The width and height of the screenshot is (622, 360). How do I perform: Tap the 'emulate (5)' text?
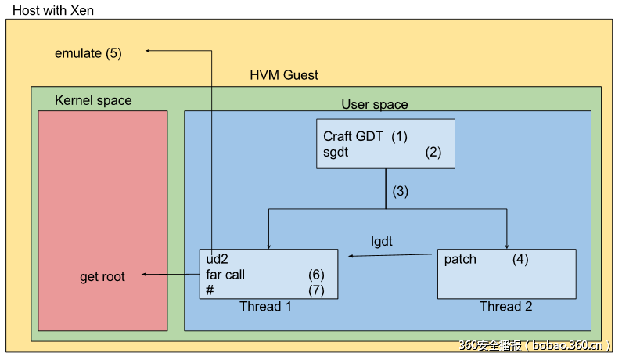[x=88, y=53]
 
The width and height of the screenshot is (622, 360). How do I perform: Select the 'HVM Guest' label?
[x=284, y=75]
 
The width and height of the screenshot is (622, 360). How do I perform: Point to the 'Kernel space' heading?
[x=93, y=100]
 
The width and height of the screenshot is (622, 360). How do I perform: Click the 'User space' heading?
[x=374, y=104]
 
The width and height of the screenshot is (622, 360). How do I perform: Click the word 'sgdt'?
[x=336, y=152]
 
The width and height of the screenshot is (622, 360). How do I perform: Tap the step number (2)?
[x=433, y=152]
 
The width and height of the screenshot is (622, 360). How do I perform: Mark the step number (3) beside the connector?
[x=401, y=190]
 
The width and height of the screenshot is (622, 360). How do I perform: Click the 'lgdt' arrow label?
[x=381, y=241]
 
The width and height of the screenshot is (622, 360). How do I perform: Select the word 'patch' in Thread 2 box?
[x=460, y=259]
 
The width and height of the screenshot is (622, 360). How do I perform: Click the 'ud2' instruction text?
[x=216, y=259]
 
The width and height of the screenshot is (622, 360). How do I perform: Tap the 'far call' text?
[x=225, y=275]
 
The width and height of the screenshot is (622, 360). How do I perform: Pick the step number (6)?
[x=316, y=275]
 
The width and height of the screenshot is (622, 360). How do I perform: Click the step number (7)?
[x=316, y=290]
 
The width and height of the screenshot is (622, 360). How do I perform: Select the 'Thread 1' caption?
[x=265, y=306]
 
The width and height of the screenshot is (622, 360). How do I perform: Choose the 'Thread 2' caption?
[x=506, y=306]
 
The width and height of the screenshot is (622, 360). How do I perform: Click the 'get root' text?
[x=102, y=277]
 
